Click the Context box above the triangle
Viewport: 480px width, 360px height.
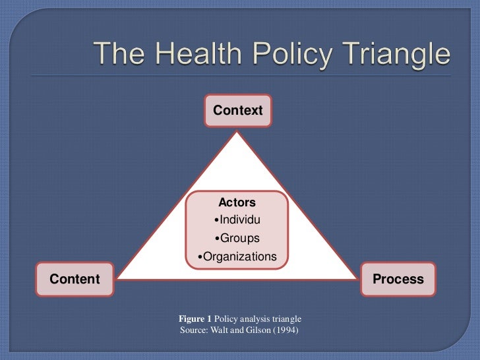pyautogui.click(x=237, y=111)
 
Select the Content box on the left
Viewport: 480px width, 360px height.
pyautogui.click(x=75, y=279)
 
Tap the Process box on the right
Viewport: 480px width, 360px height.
pyautogui.click(x=398, y=279)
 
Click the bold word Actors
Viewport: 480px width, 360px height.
pyautogui.click(x=237, y=202)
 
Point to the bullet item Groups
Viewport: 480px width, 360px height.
pyautogui.click(x=238, y=238)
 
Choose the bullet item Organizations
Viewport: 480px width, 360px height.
pyautogui.click(x=238, y=256)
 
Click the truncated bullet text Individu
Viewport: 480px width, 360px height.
pyautogui.click(x=238, y=220)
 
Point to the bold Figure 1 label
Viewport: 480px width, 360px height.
pyautogui.click(x=195, y=318)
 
